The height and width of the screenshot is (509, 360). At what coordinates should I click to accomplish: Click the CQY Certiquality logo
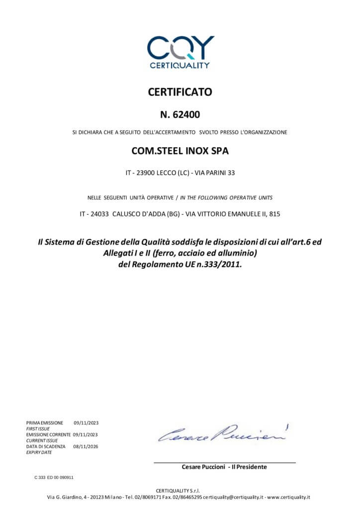(x=180, y=52)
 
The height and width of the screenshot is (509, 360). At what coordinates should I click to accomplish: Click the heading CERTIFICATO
(x=180, y=92)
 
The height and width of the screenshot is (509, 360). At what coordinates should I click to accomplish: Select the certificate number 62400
(x=186, y=115)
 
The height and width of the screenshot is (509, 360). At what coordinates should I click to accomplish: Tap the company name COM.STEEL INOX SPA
(x=180, y=151)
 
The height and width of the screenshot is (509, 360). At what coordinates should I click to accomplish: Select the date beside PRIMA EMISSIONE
(x=86, y=423)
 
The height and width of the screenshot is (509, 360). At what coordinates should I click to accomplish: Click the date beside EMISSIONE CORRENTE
(x=86, y=434)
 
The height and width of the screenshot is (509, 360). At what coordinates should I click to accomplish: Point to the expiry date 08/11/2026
(x=86, y=446)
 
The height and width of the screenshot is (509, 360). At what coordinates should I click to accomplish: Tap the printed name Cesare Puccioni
(x=203, y=467)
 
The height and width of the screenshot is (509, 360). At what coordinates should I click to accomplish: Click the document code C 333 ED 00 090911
(x=54, y=477)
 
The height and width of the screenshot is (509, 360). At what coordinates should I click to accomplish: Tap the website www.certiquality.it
(x=288, y=497)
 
